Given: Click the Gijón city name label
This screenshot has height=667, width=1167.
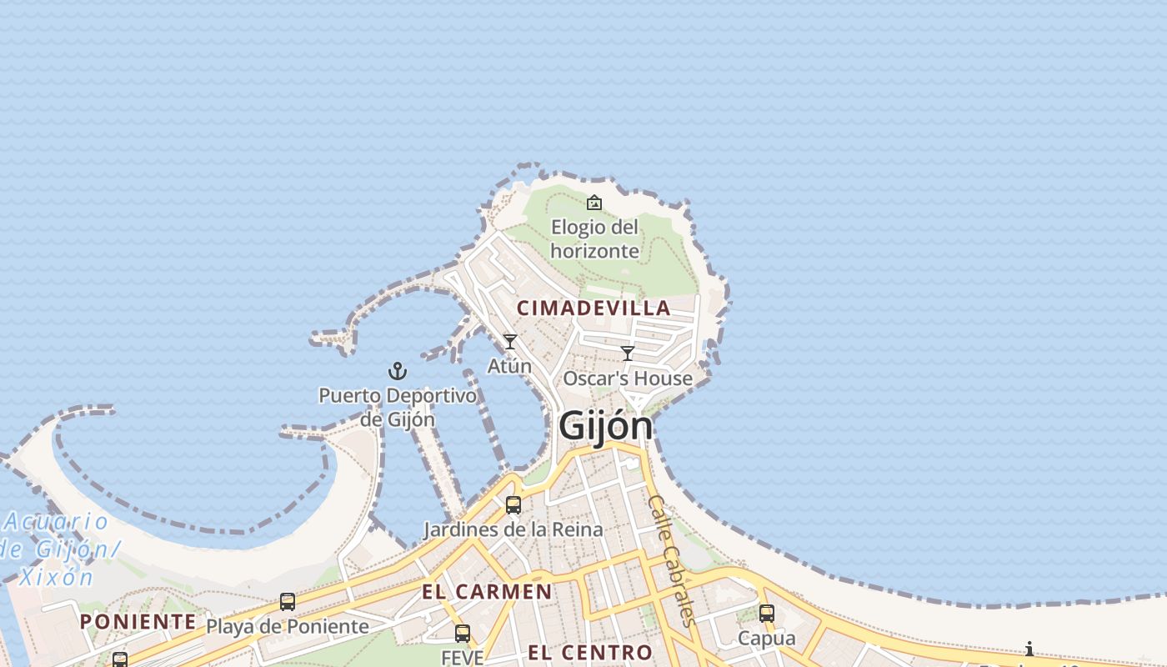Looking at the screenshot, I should (x=606, y=426).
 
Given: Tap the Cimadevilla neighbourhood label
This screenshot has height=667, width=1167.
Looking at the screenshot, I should (x=594, y=308).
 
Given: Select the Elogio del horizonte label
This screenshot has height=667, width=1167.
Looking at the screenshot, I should (x=595, y=238).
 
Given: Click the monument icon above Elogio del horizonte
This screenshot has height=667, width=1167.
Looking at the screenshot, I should (x=594, y=203).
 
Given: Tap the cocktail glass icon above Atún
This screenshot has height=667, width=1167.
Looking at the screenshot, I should (x=510, y=342).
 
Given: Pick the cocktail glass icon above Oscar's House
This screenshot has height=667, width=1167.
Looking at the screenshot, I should (x=628, y=354).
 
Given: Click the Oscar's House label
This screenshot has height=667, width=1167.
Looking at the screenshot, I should (x=628, y=379).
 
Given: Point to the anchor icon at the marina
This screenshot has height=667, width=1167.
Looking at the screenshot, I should (x=398, y=371).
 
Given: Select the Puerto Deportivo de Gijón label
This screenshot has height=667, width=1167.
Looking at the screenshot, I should (x=398, y=407).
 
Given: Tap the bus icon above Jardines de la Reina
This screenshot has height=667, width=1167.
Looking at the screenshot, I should (x=513, y=505).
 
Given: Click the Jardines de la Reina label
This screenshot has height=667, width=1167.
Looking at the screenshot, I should (x=513, y=529).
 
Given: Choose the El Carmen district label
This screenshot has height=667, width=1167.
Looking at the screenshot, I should (x=487, y=592).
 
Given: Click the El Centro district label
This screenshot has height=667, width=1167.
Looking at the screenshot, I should (x=590, y=651).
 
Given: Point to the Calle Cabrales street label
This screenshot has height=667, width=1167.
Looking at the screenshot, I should (x=672, y=560).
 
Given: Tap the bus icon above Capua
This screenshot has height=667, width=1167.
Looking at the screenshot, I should (x=767, y=614).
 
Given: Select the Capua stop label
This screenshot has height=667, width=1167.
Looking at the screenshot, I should (x=767, y=639).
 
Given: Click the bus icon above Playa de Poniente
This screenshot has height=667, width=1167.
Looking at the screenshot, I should (x=288, y=601).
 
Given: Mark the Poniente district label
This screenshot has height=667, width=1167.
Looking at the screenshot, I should (x=138, y=622).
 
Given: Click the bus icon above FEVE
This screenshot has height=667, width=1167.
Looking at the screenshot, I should (x=463, y=634).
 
